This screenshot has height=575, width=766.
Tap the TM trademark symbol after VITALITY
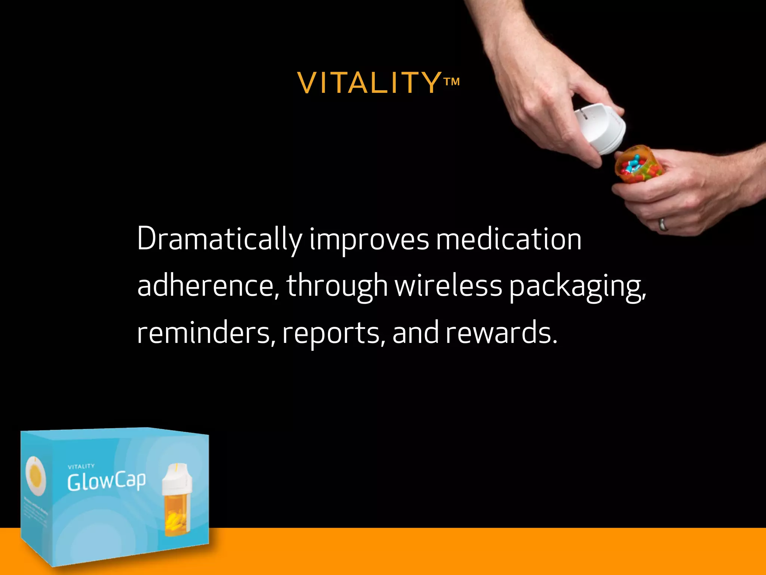pos(451,82)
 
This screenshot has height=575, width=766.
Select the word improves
pos(369,240)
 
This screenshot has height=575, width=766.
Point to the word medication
pos(509,240)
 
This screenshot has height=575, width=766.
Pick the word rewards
pos(501,332)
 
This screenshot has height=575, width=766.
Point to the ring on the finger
pos(663,224)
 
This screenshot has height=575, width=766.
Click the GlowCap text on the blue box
pos(107,481)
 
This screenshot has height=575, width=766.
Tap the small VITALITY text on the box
pos(81,466)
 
